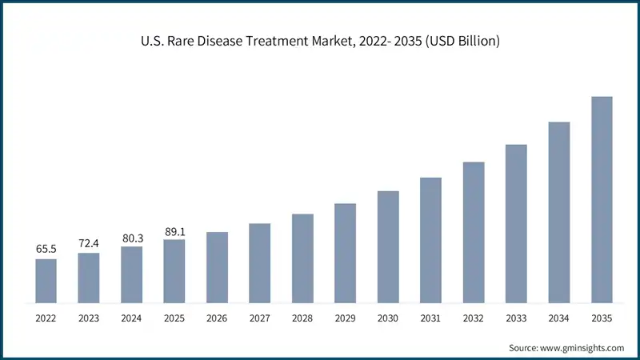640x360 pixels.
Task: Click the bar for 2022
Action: tap(46, 281)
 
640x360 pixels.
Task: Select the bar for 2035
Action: tap(602, 200)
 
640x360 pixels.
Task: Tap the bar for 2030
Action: tap(388, 247)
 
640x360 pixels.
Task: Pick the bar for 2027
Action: tap(259, 263)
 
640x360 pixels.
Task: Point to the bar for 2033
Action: tap(516, 224)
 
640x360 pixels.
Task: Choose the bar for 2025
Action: tap(174, 271)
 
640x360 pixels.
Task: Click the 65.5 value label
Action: tap(46, 249)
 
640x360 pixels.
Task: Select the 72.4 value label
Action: tap(88, 242)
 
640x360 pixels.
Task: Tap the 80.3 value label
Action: tap(131, 237)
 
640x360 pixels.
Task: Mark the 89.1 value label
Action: tap(174, 230)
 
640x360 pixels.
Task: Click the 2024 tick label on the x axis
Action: tap(131, 318)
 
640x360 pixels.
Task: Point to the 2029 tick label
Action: tap(345, 318)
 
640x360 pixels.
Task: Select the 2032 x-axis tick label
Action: tap(474, 318)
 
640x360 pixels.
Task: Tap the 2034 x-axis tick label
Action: tap(559, 318)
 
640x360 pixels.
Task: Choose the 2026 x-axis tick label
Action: tap(217, 318)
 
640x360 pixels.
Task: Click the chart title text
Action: tap(320, 41)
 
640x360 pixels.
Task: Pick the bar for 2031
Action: tap(430, 240)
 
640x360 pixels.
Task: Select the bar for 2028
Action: tap(302, 258)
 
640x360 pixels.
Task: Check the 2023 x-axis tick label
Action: tap(88, 318)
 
